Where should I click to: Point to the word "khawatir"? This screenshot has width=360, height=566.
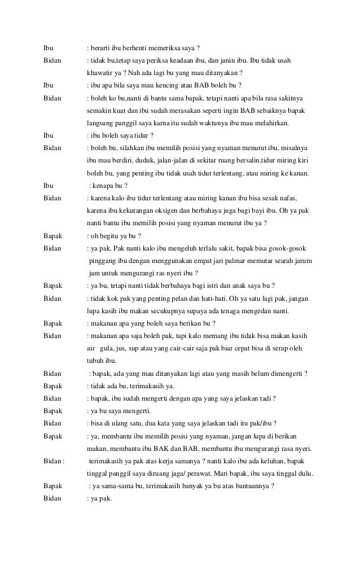100,72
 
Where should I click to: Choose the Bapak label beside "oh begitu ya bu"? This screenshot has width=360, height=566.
54,235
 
